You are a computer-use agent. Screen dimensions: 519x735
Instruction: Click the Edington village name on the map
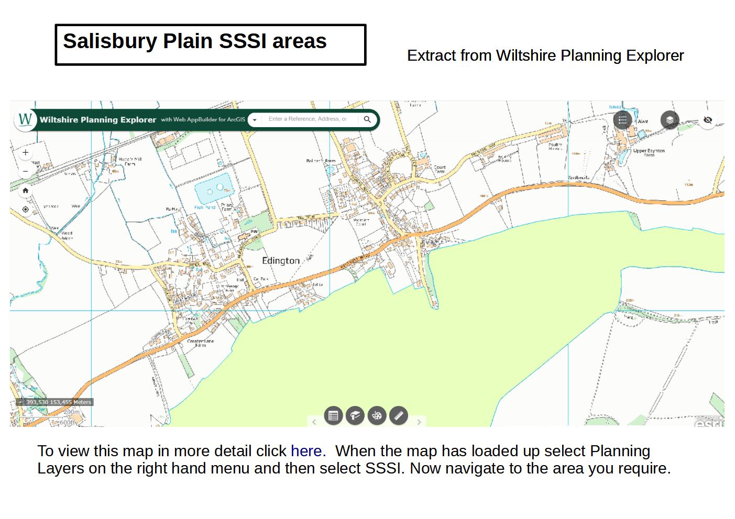(x=281, y=261)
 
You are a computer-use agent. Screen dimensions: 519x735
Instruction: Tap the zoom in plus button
(x=25, y=153)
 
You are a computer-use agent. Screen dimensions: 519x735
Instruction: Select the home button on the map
(x=25, y=190)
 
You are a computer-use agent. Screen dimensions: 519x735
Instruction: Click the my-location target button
(x=25, y=209)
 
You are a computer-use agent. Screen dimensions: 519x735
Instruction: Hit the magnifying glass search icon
(x=367, y=119)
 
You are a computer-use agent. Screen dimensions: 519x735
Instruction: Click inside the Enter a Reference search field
(x=308, y=119)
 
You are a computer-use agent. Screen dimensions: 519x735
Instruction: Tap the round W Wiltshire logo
(x=25, y=119)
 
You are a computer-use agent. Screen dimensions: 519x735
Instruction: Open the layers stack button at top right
(x=670, y=120)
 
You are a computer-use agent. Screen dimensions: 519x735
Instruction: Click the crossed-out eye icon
(x=707, y=120)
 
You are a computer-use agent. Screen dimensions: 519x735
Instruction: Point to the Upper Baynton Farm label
(x=649, y=152)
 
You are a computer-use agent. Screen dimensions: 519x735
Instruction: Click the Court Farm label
(x=440, y=170)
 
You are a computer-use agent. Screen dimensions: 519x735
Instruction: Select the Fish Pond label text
(x=205, y=207)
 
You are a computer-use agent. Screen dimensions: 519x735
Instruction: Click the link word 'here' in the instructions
(x=306, y=451)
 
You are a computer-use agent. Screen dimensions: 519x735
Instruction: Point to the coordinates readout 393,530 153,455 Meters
(x=59, y=402)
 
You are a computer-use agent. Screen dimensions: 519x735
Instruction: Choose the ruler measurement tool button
(x=399, y=416)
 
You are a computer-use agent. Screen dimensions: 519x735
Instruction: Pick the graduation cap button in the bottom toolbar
(x=355, y=416)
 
